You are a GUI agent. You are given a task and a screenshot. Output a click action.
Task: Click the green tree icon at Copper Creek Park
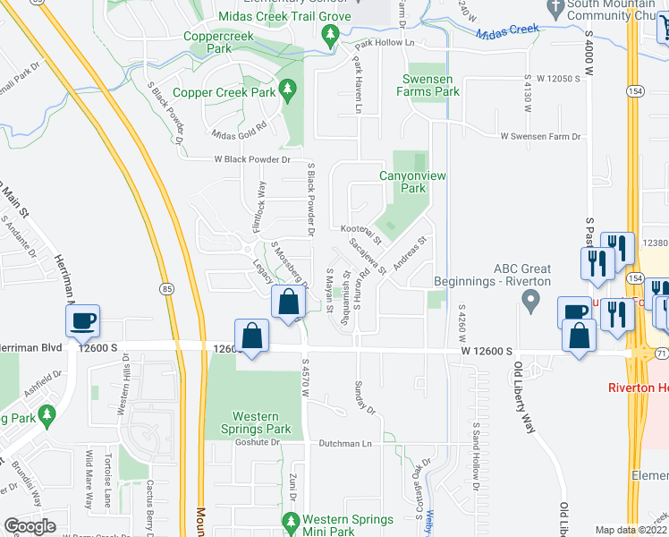point(288,90)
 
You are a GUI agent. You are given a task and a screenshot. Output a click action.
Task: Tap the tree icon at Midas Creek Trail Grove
point(330,35)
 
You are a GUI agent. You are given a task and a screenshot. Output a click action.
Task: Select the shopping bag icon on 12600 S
point(253,337)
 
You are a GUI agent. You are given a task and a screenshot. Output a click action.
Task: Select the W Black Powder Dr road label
point(252,159)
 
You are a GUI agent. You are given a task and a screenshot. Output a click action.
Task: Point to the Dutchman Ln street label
point(348,443)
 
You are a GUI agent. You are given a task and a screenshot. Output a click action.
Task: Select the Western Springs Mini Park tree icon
point(289,521)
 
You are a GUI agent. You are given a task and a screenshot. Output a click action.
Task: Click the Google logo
point(30,526)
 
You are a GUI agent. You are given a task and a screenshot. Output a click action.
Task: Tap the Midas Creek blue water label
point(507,30)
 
